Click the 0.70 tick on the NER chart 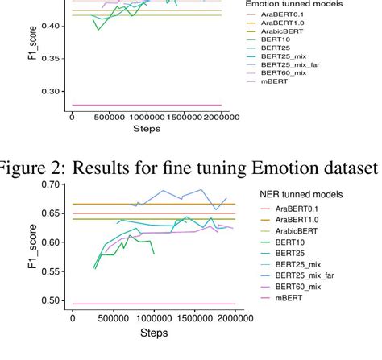click(52, 184)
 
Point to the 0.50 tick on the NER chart click(52, 300)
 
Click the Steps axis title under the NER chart click(150, 331)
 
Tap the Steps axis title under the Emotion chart click(147, 129)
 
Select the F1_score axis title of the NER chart click(33, 243)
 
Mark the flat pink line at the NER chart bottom click(153, 304)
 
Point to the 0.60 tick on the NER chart click(52, 242)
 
